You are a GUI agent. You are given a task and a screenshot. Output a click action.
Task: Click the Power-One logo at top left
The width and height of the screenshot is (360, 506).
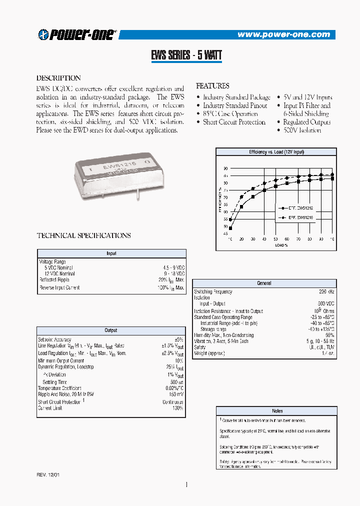[x=77, y=34]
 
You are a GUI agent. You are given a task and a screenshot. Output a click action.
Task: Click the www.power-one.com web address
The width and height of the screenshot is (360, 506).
[x=283, y=34]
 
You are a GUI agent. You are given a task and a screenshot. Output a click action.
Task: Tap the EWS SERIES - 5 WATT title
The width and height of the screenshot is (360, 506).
[x=186, y=55]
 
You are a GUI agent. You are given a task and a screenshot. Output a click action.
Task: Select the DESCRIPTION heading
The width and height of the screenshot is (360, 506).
[x=58, y=78]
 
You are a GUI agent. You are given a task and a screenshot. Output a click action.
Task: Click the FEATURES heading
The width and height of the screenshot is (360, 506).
[x=212, y=86]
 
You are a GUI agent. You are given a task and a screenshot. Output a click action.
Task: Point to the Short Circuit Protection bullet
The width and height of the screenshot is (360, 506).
[x=233, y=122]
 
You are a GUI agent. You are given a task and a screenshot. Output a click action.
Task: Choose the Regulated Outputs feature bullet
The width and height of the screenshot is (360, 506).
[x=306, y=122]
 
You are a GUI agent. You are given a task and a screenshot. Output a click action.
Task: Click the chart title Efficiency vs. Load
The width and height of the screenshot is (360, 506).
[x=276, y=151]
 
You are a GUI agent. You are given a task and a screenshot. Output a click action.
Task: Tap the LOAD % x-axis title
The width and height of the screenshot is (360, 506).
[x=281, y=245]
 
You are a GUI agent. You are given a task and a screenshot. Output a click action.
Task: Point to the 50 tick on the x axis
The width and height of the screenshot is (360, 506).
[x=276, y=239]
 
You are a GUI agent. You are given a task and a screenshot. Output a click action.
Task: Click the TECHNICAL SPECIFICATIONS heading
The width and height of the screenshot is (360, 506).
[x=84, y=235]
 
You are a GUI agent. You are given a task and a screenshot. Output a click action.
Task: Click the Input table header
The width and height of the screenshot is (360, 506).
[x=111, y=253]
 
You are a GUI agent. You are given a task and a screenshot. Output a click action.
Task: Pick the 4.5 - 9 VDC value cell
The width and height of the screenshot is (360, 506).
[x=173, y=267]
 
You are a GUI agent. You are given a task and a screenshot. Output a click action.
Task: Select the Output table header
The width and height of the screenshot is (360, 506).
[x=111, y=330]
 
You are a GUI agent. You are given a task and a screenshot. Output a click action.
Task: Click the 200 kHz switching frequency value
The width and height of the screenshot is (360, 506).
[x=326, y=291]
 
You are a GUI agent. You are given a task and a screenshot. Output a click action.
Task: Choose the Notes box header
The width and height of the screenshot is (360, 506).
[x=277, y=411]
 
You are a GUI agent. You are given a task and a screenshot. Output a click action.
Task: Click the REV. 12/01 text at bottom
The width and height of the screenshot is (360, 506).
[x=48, y=474]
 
